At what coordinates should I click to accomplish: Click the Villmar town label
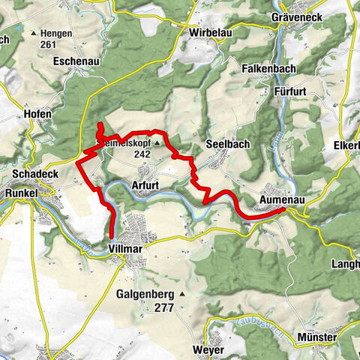126,245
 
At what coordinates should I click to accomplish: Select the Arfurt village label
145,184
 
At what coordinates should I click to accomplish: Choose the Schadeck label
30,174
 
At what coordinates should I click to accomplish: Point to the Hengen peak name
63,33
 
